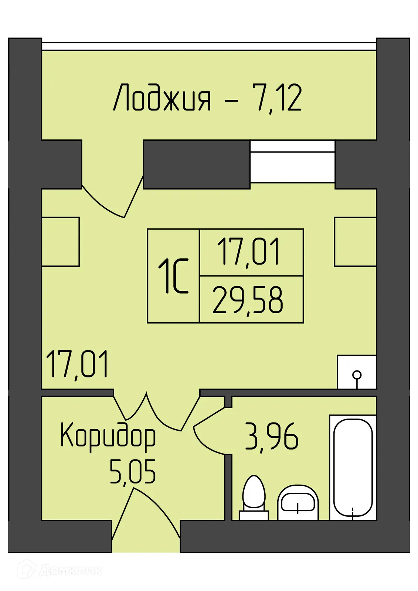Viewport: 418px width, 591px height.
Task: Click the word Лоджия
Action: coord(162,98)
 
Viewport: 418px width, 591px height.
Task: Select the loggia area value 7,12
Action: coord(277,98)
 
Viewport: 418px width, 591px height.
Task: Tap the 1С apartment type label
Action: coord(173,276)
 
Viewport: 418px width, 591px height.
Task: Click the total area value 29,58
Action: coord(248,300)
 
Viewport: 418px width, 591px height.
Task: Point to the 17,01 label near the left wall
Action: coord(78,365)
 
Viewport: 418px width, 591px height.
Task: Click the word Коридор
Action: coord(108,436)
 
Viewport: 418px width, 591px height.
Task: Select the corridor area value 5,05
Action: coord(133,471)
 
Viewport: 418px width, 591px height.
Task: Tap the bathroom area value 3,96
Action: coord(272,437)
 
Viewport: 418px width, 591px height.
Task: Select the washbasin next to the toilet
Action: coord(298,502)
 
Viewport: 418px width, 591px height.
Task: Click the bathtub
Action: coord(353,468)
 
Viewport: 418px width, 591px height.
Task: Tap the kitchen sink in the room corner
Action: coord(357,372)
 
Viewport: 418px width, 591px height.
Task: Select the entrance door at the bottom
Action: coord(146,517)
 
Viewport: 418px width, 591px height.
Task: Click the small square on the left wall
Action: coord(60,242)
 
